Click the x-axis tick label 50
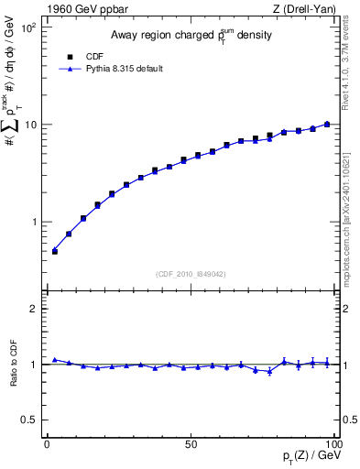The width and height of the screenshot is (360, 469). tap(191, 443)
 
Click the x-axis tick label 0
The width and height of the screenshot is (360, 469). tap(48, 443)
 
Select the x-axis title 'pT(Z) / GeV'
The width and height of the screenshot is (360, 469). tap(304, 458)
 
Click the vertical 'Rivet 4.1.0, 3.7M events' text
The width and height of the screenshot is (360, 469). tap(351, 69)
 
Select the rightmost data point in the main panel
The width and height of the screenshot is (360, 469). tap(327, 124)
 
